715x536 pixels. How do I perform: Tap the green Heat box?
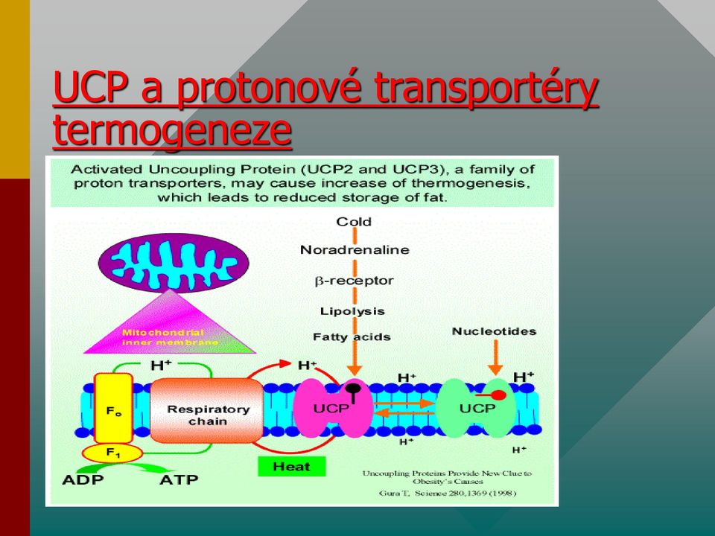(292, 466)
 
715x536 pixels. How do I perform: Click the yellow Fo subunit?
(113, 408)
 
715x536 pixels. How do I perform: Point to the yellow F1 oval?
(112, 453)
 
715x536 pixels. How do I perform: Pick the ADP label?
(83, 480)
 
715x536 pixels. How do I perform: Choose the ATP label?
(179, 480)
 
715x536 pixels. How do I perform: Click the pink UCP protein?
(333, 408)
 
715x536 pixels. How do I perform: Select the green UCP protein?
(477, 408)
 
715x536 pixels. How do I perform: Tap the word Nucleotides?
(494, 331)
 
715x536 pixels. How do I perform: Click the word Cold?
(354, 222)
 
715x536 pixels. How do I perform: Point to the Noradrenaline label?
(355, 250)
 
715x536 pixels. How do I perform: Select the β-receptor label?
(355, 281)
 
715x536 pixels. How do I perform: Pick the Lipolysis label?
(352, 311)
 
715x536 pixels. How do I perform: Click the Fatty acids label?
(352, 336)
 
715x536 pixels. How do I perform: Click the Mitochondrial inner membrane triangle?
(170, 326)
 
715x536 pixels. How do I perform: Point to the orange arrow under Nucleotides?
(495, 358)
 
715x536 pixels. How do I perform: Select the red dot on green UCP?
(499, 395)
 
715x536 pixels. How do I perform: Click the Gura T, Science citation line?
(448, 493)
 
